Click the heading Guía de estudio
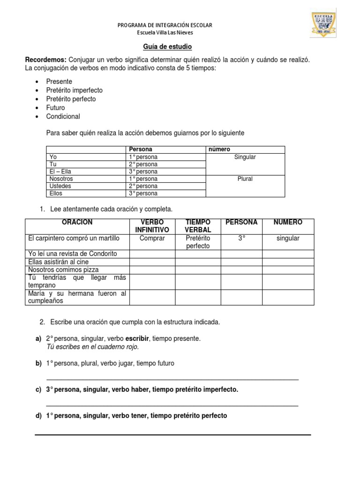click(167, 47)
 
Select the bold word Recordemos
click(45, 60)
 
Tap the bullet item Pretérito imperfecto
click(74, 90)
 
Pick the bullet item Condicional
click(63, 116)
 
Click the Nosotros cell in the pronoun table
click(61, 179)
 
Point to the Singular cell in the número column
click(245, 157)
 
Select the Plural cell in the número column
click(245, 179)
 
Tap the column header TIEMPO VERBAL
click(197, 226)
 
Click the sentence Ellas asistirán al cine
click(59, 262)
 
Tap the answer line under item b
click(172, 379)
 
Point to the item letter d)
click(38, 415)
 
